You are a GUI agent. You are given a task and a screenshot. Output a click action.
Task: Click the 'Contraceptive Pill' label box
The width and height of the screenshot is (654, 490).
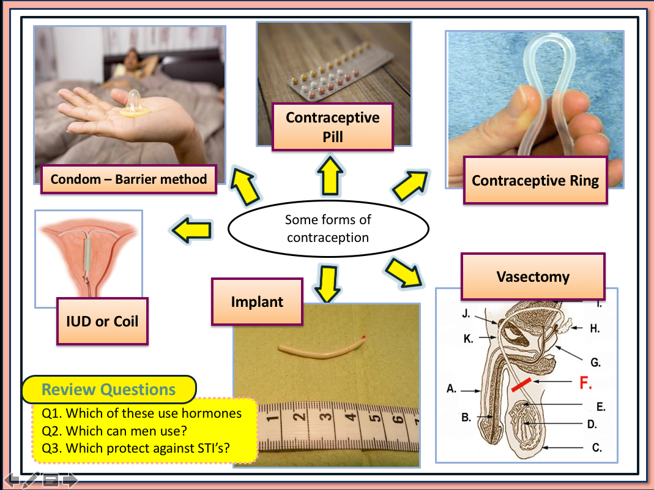(333, 127)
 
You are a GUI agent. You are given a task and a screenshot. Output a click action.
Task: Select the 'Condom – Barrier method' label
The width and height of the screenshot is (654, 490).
(128, 179)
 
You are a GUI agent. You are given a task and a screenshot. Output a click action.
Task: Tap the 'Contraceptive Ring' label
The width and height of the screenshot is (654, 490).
(535, 181)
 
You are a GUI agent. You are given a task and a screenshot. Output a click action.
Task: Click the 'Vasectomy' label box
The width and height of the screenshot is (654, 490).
(532, 276)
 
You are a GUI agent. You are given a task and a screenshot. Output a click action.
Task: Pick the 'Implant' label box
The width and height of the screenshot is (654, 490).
(257, 302)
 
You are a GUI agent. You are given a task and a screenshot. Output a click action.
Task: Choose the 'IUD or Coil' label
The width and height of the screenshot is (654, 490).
(102, 321)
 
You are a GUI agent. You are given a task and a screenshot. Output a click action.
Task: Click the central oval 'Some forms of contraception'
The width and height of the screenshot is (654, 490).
(328, 228)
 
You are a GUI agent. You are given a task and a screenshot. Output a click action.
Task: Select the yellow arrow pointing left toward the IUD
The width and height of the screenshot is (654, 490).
(191, 230)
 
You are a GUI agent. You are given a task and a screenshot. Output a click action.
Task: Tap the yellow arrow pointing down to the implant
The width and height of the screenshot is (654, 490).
(329, 283)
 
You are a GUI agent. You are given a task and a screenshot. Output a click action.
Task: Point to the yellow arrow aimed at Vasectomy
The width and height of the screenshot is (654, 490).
(406, 273)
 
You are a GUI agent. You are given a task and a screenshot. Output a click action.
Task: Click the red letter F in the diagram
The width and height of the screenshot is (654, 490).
(585, 384)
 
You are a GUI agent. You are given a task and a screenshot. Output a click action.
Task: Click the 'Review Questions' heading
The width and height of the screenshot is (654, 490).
(108, 390)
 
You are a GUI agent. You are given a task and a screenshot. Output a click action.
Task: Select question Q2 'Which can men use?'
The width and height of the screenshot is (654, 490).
(114, 431)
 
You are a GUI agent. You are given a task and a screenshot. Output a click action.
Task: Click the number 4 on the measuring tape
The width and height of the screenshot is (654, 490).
(351, 420)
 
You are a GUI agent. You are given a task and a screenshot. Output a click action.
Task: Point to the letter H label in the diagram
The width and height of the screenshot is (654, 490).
(594, 328)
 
